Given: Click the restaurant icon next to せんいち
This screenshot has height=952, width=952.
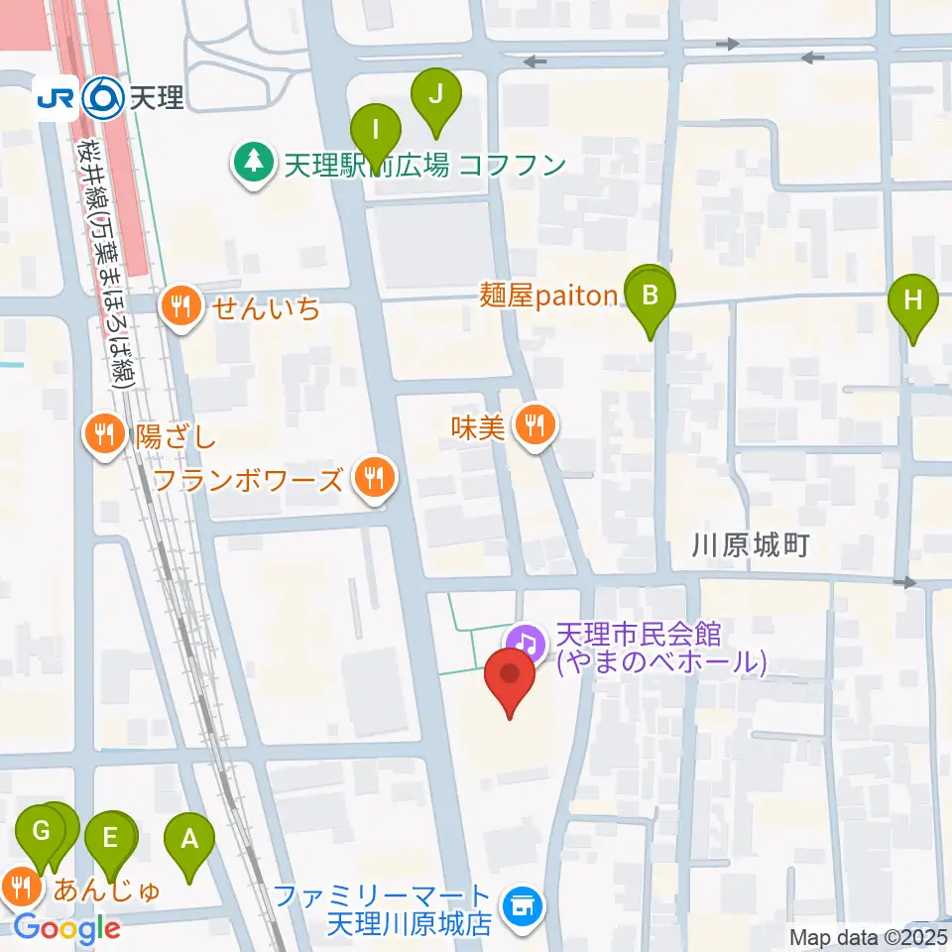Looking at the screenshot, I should (x=180, y=307).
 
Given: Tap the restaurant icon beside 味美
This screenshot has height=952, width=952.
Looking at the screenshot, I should (x=535, y=427).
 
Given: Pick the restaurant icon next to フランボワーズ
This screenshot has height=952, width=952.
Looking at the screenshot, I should (x=374, y=481).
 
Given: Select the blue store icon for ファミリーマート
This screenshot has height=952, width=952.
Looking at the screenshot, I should (x=520, y=905).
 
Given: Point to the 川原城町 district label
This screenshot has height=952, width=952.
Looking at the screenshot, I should (x=752, y=544).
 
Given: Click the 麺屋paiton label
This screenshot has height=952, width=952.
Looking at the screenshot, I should (x=549, y=297).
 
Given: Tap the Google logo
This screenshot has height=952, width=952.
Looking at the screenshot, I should (x=67, y=928).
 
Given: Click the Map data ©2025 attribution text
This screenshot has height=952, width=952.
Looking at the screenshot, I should (x=868, y=936).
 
